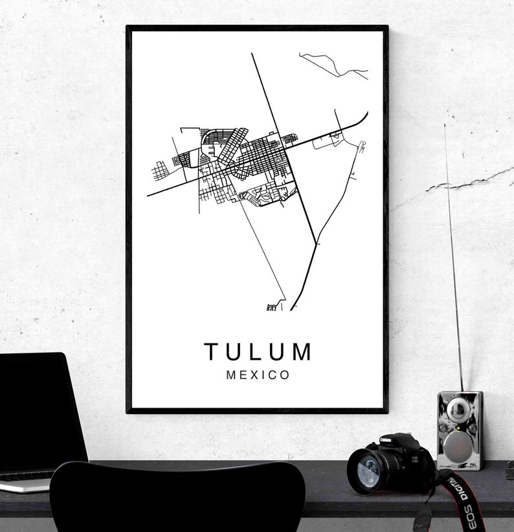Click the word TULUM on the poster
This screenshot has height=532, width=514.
pos(258,352)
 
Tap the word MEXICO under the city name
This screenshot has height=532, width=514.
pos(258,375)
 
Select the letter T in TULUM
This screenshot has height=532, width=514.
pos(211,352)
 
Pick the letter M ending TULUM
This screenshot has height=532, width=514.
pos(302,352)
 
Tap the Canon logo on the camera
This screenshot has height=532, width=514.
pos(386,441)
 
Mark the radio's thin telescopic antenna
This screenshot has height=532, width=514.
pos(453,259)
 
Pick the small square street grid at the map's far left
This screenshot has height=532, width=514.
pos(159,171)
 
